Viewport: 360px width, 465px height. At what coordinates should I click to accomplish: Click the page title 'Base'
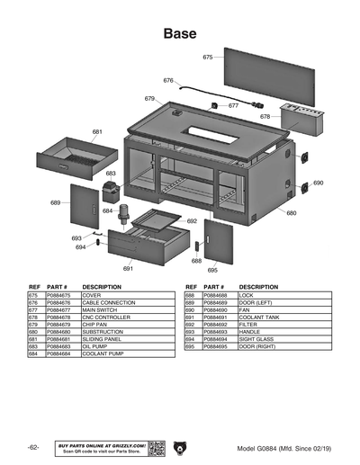tap(180, 33)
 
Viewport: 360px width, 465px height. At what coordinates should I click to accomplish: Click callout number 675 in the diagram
tap(208, 57)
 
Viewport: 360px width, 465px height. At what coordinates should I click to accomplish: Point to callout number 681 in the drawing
tap(96, 132)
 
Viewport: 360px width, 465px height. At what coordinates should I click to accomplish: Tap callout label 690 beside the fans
tap(318, 183)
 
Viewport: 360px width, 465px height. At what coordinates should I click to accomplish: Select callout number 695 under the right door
tap(212, 269)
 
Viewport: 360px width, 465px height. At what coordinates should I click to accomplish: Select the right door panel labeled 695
tap(218, 240)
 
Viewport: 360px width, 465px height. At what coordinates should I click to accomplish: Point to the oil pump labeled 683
tap(112, 192)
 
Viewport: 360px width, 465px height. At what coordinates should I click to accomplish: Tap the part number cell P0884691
tap(216, 317)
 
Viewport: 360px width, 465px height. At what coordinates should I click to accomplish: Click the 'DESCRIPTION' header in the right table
tap(258, 287)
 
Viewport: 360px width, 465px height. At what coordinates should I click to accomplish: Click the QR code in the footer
tap(157, 447)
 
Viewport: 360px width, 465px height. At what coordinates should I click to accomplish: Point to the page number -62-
tap(32, 447)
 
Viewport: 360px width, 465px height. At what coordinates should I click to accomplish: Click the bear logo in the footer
tap(180, 447)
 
